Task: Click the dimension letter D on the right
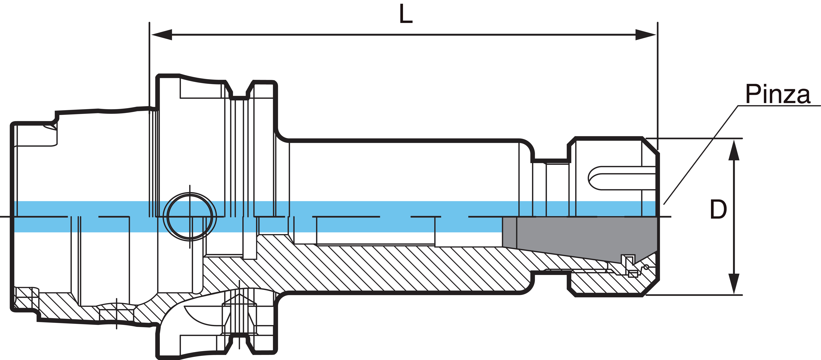pyautogui.click(x=718, y=209)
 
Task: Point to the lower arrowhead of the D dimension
pyautogui.click(x=734, y=284)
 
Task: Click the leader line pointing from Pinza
pyautogui.click(x=701, y=154)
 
